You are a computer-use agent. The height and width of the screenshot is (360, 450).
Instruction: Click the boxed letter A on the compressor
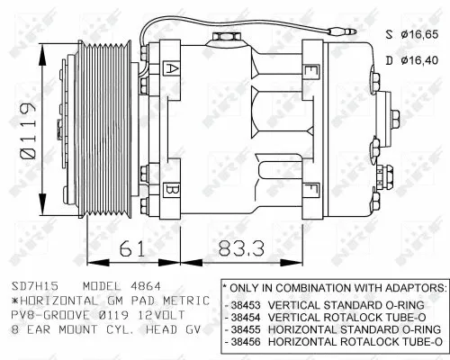point(173,67)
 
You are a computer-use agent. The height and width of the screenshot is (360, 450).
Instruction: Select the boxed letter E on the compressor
point(310,70)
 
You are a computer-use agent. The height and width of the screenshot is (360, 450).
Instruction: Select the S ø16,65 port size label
point(412,35)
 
